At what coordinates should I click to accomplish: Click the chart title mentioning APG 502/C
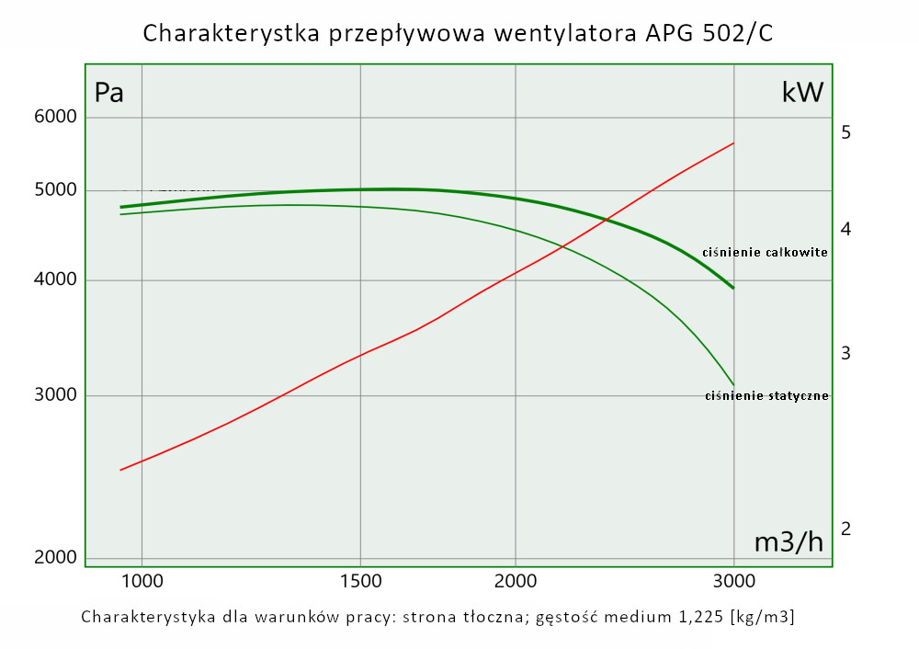pyautogui.click(x=458, y=34)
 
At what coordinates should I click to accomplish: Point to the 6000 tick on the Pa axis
pyautogui.click(x=55, y=118)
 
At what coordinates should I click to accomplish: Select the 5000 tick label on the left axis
pyautogui.click(x=55, y=190)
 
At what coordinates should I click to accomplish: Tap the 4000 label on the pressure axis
pyautogui.click(x=55, y=280)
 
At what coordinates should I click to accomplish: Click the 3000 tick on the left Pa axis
pyautogui.click(x=55, y=396)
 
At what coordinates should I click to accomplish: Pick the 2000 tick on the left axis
pyautogui.click(x=55, y=558)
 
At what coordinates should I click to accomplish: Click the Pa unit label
pyautogui.click(x=109, y=94)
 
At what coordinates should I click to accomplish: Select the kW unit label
pyautogui.click(x=802, y=93)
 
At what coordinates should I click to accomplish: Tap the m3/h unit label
pyautogui.click(x=789, y=542)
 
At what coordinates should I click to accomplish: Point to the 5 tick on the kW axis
pyautogui.click(x=845, y=133)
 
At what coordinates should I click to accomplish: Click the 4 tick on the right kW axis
pyautogui.click(x=845, y=229)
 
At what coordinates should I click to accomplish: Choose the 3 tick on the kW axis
pyautogui.click(x=845, y=354)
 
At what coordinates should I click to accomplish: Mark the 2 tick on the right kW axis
pyautogui.click(x=845, y=529)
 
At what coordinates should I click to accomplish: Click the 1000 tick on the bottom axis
pyautogui.click(x=142, y=581)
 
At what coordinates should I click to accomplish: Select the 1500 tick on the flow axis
pyautogui.click(x=360, y=581)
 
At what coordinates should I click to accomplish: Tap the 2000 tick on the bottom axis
pyautogui.click(x=516, y=581)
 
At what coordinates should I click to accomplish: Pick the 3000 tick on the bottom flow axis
pyautogui.click(x=733, y=581)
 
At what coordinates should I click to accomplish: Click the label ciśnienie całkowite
pyautogui.click(x=765, y=252)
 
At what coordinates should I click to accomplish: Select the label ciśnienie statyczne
pyautogui.click(x=766, y=396)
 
